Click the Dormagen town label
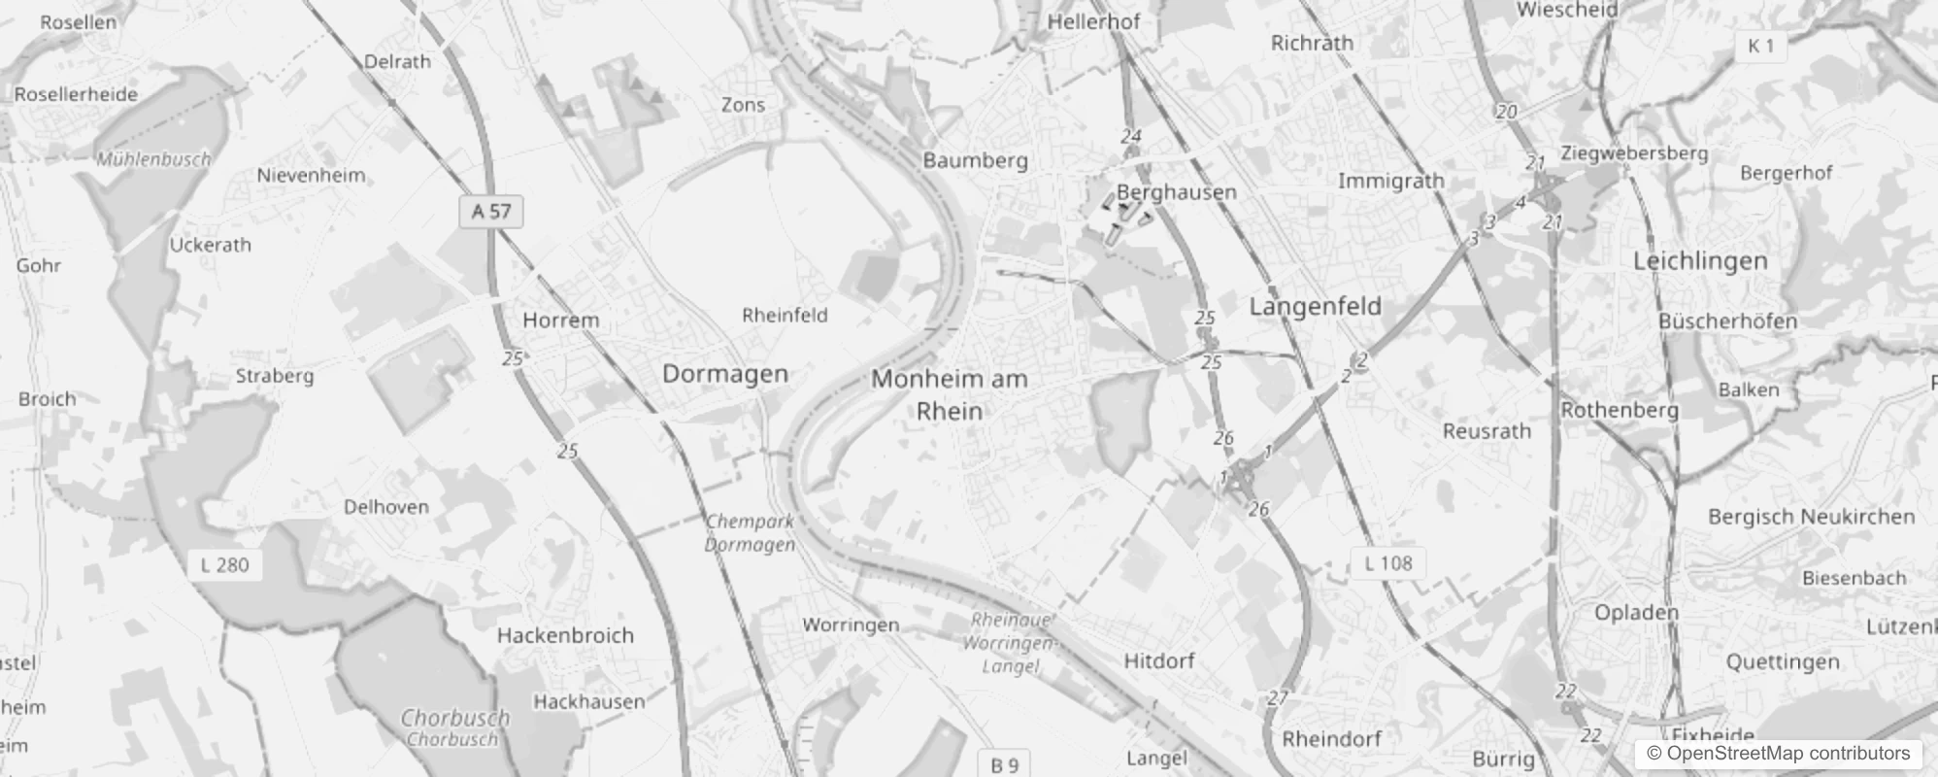coord(724,374)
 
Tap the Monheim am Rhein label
coord(949,394)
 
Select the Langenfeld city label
coord(1315,307)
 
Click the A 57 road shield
coord(491,211)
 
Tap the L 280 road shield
coord(224,564)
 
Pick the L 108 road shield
coord(1387,562)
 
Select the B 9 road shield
coord(1004,764)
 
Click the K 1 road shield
coord(1760,46)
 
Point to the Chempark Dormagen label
coord(750,532)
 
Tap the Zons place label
coord(743,105)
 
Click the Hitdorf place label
coord(1158,661)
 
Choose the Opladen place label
coord(1636,613)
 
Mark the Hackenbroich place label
coord(565,636)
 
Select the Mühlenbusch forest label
coord(153,159)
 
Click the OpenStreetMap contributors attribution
coord(1778,753)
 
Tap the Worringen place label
coord(851,625)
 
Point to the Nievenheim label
coord(311,176)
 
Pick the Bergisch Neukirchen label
coord(1811,517)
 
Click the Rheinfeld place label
coord(785,315)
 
